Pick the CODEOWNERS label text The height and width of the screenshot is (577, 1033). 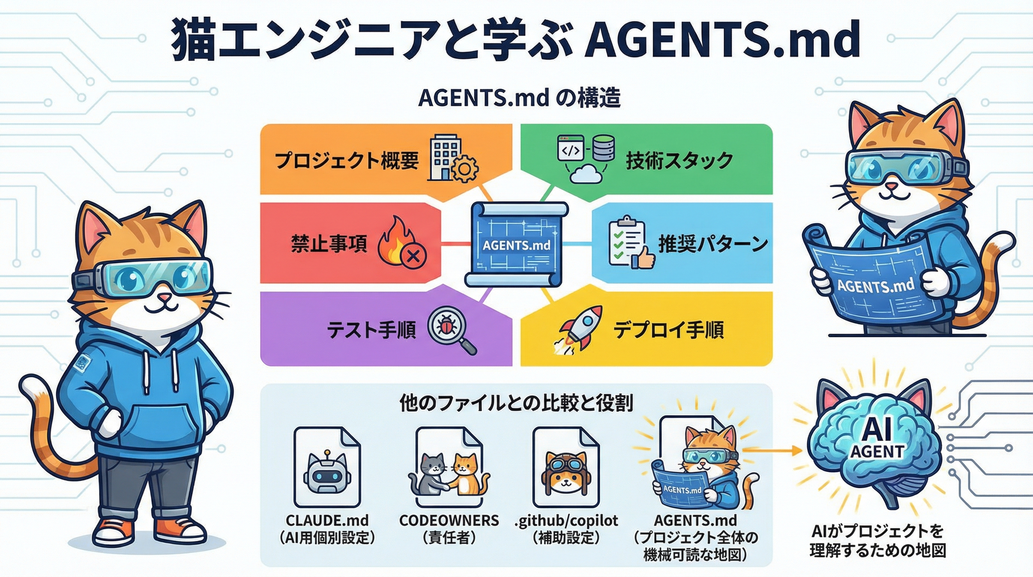click(x=449, y=520)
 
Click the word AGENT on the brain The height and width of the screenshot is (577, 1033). click(x=876, y=452)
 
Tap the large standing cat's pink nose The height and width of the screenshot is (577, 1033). click(x=163, y=297)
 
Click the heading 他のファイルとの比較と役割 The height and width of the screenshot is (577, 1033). click(x=516, y=403)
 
